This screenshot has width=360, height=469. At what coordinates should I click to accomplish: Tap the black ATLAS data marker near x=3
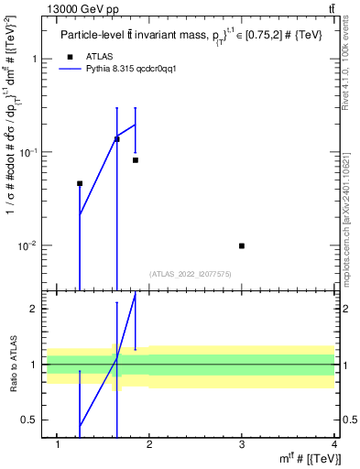[x=242, y=245]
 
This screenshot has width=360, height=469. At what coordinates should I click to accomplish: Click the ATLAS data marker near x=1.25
[x=80, y=183]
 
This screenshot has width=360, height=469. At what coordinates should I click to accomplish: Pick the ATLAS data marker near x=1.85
[x=136, y=160]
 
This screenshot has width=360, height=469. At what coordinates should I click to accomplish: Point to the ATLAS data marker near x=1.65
[x=116, y=139]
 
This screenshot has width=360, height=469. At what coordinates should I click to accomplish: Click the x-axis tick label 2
[x=149, y=445]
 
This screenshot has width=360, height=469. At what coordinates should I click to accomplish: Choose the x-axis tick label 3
[x=242, y=445]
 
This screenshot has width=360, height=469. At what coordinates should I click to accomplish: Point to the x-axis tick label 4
[x=333, y=445]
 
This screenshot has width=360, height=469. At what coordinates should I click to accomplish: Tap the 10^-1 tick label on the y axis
[x=29, y=152]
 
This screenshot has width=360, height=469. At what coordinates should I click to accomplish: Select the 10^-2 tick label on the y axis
[x=29, y=245]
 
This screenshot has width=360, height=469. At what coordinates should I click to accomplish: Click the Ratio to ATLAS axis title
[x=14, y=365]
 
